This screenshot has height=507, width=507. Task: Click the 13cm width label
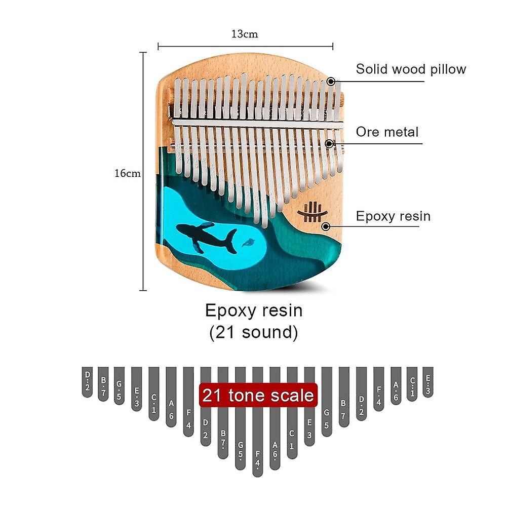point(245,34)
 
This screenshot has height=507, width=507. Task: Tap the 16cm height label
point(127,173)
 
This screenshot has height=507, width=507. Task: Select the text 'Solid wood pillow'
point(410,69)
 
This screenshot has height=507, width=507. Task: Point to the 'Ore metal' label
point(387,132)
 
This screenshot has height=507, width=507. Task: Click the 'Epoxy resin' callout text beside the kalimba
point(393,216)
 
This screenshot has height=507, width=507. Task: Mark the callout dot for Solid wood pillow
point(331,81)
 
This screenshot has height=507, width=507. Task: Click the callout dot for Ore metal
point(330,144)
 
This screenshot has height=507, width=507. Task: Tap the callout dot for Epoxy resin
point(325,226)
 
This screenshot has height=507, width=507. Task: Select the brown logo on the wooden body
point(312,213)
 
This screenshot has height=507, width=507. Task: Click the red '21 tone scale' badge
point(258,395)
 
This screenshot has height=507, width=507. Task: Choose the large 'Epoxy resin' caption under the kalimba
point(253,310)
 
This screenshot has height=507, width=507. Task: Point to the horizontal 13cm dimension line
point(245,46)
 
